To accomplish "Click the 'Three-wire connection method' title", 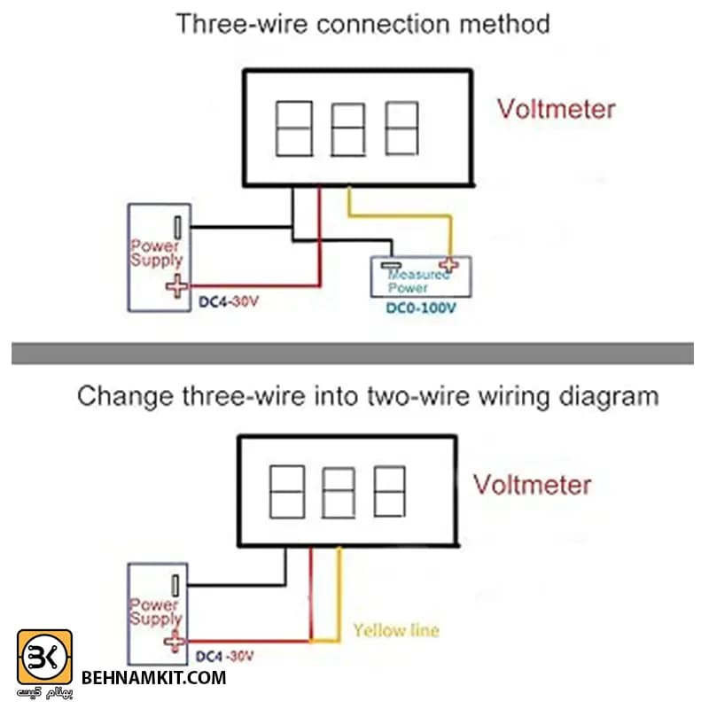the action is (362, 24).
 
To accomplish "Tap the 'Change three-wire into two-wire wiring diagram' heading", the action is (368, 396).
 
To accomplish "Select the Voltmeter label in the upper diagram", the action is (557, 109).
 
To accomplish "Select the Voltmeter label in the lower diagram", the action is (533, 485).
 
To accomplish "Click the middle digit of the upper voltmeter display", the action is (348, 129).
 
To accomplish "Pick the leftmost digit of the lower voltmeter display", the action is (287, 492).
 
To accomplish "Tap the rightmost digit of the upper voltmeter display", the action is (401, 129).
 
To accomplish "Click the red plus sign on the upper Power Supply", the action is (176, 285).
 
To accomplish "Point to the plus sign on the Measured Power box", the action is (449, 264).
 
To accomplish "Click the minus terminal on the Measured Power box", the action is (391, 265).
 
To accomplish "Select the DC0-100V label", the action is (421, 308).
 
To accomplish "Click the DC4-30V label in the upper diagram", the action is (229, 301).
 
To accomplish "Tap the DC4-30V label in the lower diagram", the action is (225, 656).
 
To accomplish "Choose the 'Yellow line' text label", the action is (396, 630).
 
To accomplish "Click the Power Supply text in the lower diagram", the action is (156, 612).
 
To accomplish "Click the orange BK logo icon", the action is (44, 657).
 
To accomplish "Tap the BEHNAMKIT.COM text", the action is (153, 678).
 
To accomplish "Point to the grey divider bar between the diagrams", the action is (353, 354).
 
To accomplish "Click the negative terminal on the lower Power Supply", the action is (175, 585).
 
